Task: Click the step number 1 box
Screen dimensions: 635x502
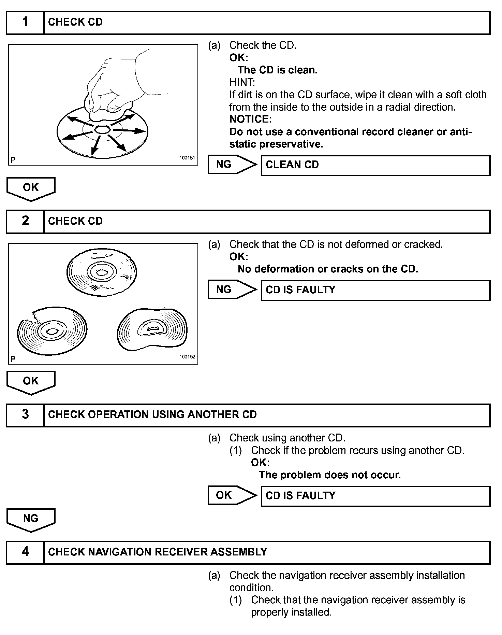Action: pos(25,23)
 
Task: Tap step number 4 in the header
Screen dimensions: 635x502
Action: pos(25,552)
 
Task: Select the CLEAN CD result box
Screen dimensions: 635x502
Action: pos(375,165)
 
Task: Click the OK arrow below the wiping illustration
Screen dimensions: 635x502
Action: pos(31,188)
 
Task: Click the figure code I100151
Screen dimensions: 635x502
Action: pos(186,158)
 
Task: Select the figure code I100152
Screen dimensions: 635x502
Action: pos(186,357)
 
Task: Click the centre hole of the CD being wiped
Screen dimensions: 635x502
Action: pos(102,129)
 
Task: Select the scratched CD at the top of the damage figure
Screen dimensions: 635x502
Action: pos(102,272)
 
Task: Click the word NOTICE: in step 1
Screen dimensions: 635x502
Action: pos(251,119)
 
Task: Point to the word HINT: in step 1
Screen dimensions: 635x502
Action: pos(242,82)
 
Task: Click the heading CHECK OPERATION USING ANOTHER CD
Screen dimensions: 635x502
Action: pos(152,414)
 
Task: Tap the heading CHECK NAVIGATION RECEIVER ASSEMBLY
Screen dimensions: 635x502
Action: pos(158,552)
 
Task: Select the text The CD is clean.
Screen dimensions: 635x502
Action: pos(277,70)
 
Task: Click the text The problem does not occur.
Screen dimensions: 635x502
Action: pos(330,475)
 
